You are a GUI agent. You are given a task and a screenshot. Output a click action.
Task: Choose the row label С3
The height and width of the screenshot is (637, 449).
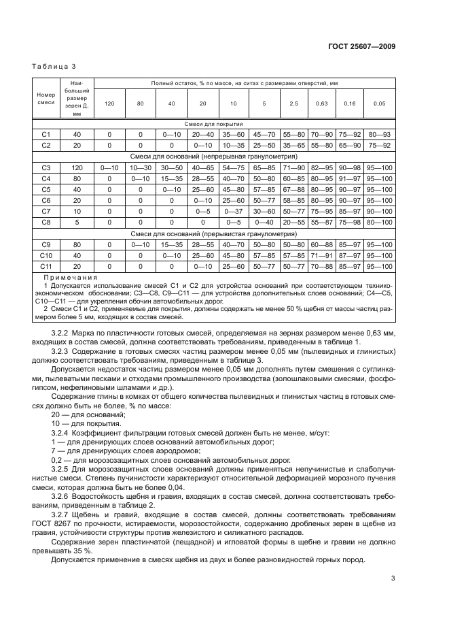coord(46,167)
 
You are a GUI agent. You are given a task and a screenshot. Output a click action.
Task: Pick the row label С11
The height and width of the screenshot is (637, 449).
coord(46,267)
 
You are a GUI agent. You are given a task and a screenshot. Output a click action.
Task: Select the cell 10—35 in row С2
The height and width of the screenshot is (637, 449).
coord(234,145)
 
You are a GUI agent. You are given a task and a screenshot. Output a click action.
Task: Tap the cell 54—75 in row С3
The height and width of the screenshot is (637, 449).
coord(234,167)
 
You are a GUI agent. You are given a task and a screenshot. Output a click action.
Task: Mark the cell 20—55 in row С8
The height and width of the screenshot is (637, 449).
coord(294,222)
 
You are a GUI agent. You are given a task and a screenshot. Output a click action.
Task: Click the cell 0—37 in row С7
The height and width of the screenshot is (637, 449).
coord(234,212)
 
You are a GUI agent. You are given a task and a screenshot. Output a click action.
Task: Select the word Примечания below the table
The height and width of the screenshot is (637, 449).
coord(70,277)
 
